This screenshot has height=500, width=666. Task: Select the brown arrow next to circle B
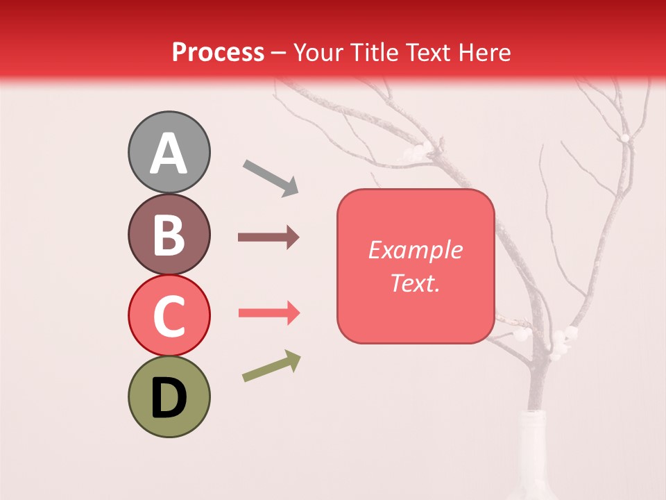268,237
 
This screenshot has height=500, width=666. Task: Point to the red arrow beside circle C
269,313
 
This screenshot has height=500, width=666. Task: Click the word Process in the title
218,52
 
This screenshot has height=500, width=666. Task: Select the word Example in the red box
415,250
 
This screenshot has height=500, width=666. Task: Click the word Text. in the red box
415,283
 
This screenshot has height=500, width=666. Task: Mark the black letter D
169,399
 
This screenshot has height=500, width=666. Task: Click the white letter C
169,317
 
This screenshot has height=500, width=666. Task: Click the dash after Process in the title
279,53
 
